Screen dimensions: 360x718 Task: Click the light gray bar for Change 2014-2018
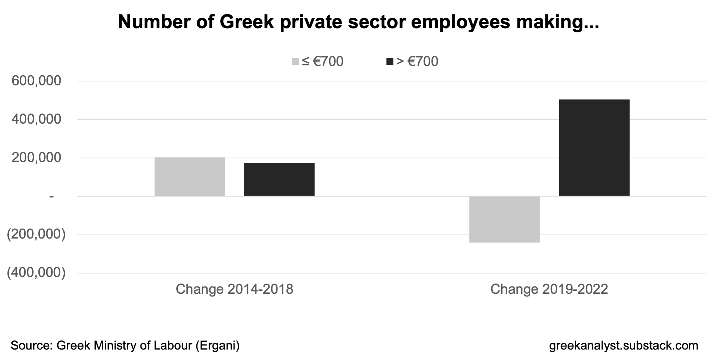click(x=190, y=177)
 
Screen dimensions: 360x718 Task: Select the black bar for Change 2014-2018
click(x=279, y=179)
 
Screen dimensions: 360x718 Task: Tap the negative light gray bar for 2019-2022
click(x=504, y=219)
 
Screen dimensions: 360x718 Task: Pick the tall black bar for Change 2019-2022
click(x=594, y=148)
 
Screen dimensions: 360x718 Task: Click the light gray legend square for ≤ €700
click(x=295, y=62)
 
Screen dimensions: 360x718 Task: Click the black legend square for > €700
click(x=390, y=62)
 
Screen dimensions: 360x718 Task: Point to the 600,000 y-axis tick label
click(x=36, y=81)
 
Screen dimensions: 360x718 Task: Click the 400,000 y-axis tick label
click(x=36, y=119)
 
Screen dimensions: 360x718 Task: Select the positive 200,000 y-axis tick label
click(x=36, y=158)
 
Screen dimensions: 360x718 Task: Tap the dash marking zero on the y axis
click(x=52, y=196)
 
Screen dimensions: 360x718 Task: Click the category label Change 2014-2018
click(x=234, y=289)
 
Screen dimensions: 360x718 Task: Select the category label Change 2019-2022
click(x=549, y=289)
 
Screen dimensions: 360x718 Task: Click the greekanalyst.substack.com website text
click(x=623, y=346)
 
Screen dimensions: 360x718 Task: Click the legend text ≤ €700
click(x=322, y=62)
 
